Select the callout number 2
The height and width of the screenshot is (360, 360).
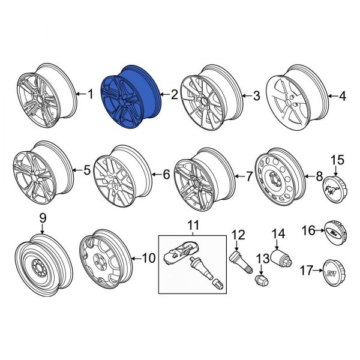(x=174, y=94)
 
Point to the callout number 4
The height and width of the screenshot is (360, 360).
(x=343, y=95)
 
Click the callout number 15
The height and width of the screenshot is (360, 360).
(x=338, y=160)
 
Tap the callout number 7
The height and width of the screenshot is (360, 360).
(x=248, y=176)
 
